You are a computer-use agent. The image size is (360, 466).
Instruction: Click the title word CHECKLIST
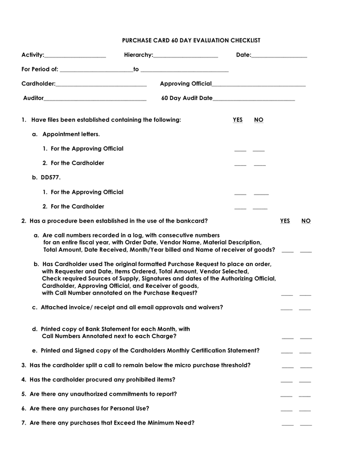click(243, 40)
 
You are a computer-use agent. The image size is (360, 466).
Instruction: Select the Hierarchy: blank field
click(186, 56)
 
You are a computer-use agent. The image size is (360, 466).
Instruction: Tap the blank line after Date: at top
click(279, 56)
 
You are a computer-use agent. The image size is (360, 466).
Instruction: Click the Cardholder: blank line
click(101, 85)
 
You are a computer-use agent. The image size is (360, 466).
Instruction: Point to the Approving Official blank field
click(259, 85)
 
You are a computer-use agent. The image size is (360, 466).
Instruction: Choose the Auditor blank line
click(95, 99)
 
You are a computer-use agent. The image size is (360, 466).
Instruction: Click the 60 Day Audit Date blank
click(254, 99)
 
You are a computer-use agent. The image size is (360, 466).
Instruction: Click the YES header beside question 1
click(237, 120)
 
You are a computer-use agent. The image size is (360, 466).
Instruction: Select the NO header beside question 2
click(306, 221)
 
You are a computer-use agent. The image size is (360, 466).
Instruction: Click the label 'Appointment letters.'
click(71, 134)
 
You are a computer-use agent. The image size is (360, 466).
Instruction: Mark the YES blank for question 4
click(287, 382)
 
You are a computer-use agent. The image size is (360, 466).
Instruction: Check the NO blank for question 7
click(306, 425)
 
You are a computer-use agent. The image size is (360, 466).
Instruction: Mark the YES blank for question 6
click(287, 410)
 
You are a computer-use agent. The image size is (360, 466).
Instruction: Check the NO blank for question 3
click(306, 367)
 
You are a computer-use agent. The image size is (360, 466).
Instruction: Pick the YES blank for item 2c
click(287, 309)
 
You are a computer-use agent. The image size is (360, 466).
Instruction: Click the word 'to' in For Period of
click(136, 69)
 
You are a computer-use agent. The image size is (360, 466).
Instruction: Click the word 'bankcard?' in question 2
click(193, 221)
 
